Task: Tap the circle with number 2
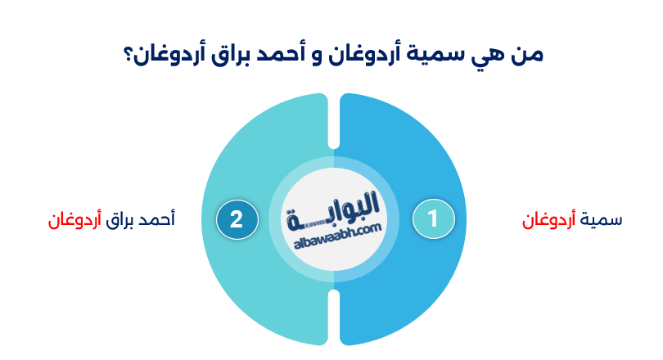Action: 237,219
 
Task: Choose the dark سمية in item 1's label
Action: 601,220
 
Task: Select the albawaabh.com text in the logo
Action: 334,234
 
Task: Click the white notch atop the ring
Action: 334,123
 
